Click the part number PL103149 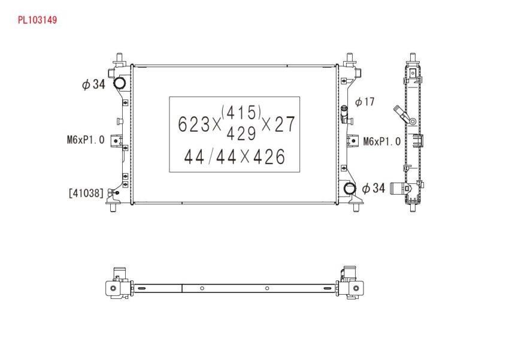[37, 20]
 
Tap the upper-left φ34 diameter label [93, 84]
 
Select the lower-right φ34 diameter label [373, 188]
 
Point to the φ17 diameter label [365, 102]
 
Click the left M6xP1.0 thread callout [86, 140]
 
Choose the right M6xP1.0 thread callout [382, 141]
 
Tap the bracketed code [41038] [86, 193]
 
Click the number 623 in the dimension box [194, 124]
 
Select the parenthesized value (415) [241, 113]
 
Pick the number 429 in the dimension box [241, 133]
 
